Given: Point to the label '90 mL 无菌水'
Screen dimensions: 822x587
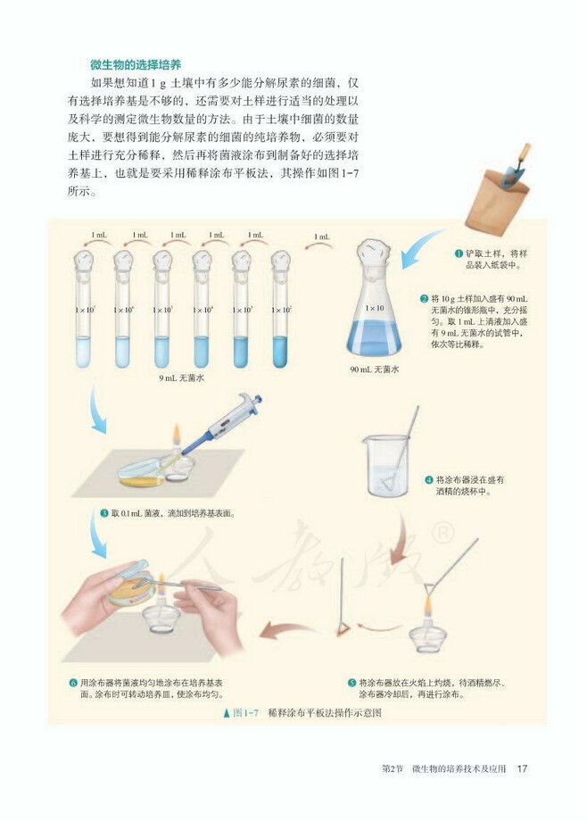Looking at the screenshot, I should [x=375, y=368].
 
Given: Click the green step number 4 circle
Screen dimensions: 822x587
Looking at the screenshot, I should [x=428, y=479].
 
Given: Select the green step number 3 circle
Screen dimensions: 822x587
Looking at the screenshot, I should [x=104, y=513].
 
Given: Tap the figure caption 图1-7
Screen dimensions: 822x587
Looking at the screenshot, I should [x=244, y=712].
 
